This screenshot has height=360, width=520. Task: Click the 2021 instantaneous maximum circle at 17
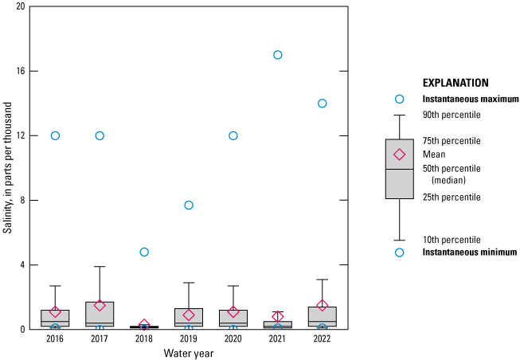click(278, 55)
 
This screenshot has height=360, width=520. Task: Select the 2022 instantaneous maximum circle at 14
click(323, 104)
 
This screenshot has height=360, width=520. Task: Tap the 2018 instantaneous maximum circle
click(144, 252)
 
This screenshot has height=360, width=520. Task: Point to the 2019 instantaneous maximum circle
click(189, 205)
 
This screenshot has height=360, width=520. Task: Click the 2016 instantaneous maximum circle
click(55, 135)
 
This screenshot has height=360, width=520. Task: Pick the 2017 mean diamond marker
click(100, 305)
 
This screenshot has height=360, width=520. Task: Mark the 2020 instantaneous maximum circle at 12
click(233, 135)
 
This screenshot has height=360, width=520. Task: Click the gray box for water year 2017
click(100, 314)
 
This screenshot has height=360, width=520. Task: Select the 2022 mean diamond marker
click(323, 305)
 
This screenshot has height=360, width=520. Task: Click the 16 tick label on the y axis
click(20, 71)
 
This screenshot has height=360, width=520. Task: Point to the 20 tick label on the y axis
click(20, 6)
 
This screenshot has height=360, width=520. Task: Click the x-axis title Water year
click(188, 353)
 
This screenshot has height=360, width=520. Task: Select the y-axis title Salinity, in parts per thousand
click(7, 167)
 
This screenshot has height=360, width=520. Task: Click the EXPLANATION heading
click(455, 83)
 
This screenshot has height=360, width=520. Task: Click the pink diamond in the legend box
click(400, 155)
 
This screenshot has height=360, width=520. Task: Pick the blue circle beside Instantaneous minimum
click(400, 252)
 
